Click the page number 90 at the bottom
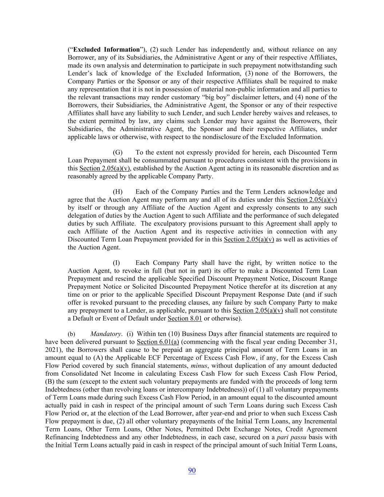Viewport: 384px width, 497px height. coord(192,471)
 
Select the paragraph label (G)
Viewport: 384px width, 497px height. coord(118,152)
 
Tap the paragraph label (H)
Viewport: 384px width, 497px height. coord(118,192)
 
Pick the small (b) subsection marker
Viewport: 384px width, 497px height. coord(71,334)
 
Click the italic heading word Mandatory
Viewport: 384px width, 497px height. coord(106,334)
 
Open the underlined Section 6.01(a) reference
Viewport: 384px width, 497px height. coord(158,342)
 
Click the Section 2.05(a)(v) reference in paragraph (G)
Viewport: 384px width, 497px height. coord(105,168)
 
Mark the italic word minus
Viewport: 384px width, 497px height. coord(199,366)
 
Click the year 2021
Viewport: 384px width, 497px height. coord(52,350)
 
